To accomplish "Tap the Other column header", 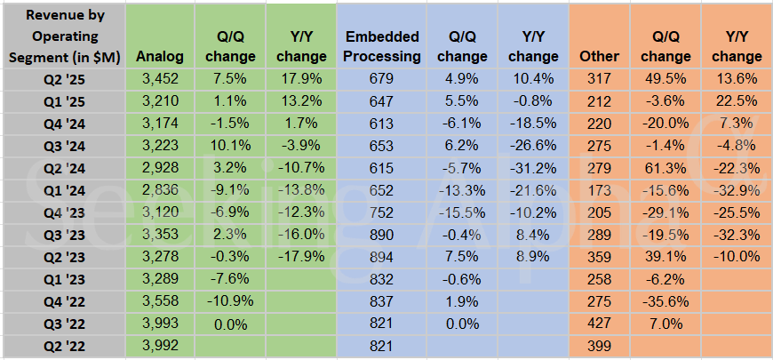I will (x=599, y=57).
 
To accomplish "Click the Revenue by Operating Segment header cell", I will (x=63, y=36).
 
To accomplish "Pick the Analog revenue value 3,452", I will (x=161, y=77).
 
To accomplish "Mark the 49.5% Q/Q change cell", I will (x=660, y=77).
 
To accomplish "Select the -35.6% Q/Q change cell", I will (x=660, y=302).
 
